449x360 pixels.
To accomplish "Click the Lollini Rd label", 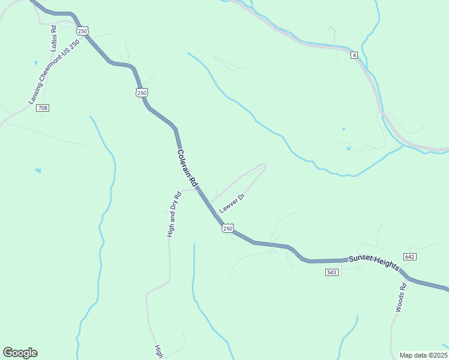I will point(53,38).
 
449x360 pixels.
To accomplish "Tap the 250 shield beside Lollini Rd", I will point(83,31).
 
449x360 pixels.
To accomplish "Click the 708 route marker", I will point(42,108).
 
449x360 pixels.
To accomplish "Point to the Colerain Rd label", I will point(187,167).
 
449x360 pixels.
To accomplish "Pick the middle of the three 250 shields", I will point(141,92).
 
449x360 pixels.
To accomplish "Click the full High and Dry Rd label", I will point(173,215).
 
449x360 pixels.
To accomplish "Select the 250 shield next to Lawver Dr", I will point(228,229).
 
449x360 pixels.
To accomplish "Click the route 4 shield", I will point(355,55).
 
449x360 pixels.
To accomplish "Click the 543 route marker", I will point(332,272).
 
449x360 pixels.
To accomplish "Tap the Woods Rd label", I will point(401,298).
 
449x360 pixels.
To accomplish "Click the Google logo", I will point(20,353).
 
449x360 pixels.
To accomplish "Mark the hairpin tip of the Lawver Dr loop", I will point(264,166).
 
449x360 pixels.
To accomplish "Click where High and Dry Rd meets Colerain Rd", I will point(196,189).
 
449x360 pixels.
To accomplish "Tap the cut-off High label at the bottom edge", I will point(159,352).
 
